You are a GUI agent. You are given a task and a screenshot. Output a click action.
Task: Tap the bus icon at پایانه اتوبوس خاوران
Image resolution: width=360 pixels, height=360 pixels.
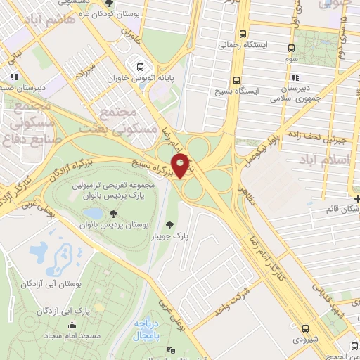point(146,61)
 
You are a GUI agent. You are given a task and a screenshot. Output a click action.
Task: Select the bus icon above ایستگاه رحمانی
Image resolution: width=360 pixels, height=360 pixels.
point(243,34)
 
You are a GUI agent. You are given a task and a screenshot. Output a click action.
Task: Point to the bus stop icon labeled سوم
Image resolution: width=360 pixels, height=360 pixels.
point(292,49)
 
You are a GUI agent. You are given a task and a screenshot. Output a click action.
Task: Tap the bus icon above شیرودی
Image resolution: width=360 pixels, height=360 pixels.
point(305,328)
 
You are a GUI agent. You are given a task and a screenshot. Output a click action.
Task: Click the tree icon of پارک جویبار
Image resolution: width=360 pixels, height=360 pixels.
point(169,225)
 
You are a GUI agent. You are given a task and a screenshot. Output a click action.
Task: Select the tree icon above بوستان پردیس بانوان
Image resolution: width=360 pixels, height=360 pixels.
point(112,213)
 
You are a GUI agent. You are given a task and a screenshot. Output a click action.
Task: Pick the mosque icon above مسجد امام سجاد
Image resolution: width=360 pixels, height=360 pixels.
point(72,325)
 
